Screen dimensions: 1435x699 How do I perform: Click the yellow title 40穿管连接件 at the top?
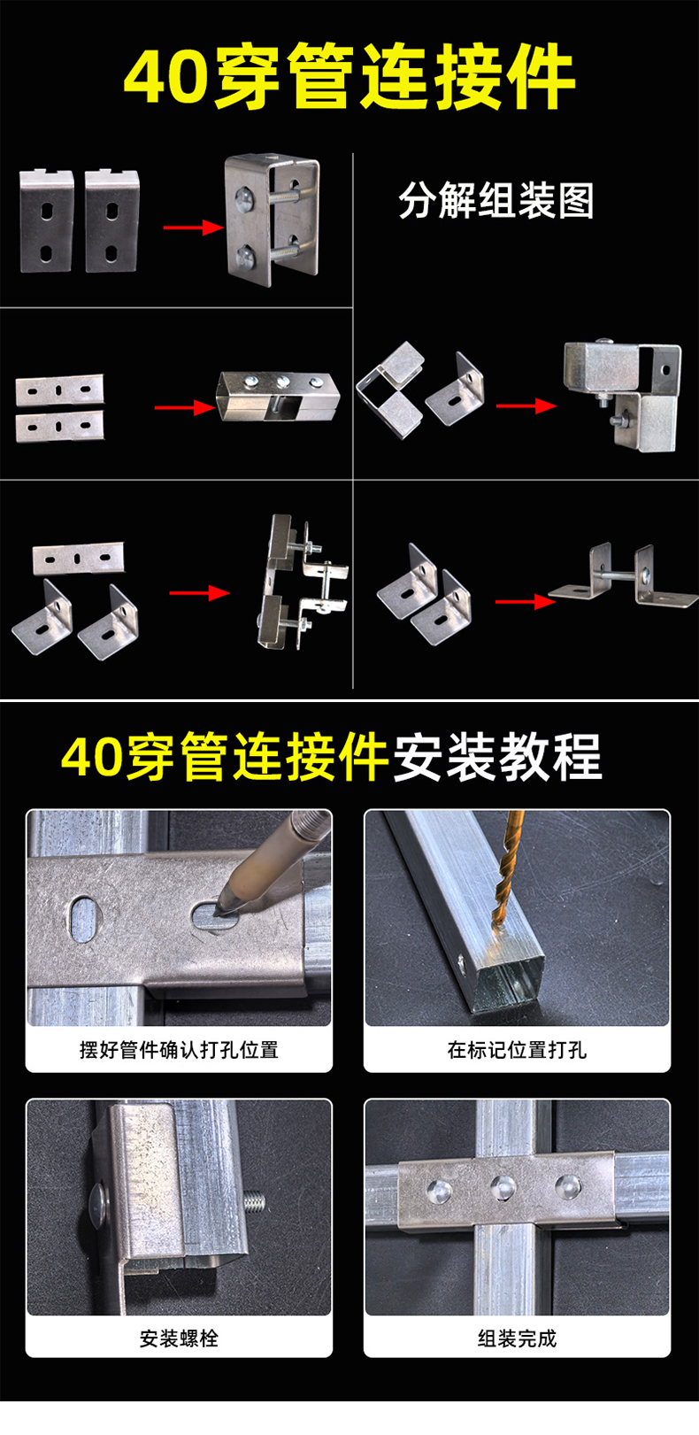(349, 78)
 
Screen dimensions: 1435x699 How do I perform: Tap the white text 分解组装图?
(495, 201)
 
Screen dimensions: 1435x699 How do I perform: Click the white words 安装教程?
(496, 758)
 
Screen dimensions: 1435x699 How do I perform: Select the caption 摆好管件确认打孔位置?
(179, 1050)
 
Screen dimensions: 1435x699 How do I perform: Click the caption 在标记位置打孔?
(517, 1050)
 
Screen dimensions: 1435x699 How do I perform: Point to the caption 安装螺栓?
(179, 1338)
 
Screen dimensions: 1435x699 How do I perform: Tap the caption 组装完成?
(517, 1338)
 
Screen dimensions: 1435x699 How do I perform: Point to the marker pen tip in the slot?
(225, 908)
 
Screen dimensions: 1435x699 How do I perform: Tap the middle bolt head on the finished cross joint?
(503, 1186)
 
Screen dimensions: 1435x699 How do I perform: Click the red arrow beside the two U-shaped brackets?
(193, 228)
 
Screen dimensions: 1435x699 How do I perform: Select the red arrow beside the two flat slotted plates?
(185, 407)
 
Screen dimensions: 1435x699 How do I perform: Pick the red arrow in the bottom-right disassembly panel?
(525, 602)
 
